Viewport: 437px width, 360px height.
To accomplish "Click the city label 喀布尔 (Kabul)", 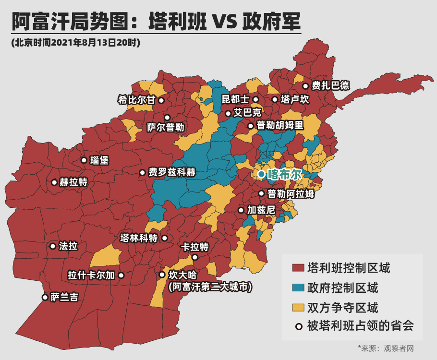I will (x=284, y=174).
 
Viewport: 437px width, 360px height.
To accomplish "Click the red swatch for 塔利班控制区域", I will (x=298, y=267).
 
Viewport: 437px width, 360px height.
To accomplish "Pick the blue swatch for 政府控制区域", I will (x=298, y=288).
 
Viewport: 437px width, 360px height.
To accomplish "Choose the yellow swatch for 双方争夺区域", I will (x=298, y=307).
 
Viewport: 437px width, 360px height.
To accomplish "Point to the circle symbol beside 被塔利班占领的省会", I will (x=299, y=327).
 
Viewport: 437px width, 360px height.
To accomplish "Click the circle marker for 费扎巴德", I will (x=305, y=86).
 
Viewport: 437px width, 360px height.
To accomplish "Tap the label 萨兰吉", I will (x=64, y=298).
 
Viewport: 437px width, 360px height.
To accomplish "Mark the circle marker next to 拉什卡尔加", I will (x=121, y=276).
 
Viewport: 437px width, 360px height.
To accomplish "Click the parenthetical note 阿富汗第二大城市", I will (x=210, y=287).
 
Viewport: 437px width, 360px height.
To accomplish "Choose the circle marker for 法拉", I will (x=53, y=246).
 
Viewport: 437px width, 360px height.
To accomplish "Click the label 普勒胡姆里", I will (x=280, y=126).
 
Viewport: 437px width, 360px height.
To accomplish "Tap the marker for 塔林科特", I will (x=165, y=238).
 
